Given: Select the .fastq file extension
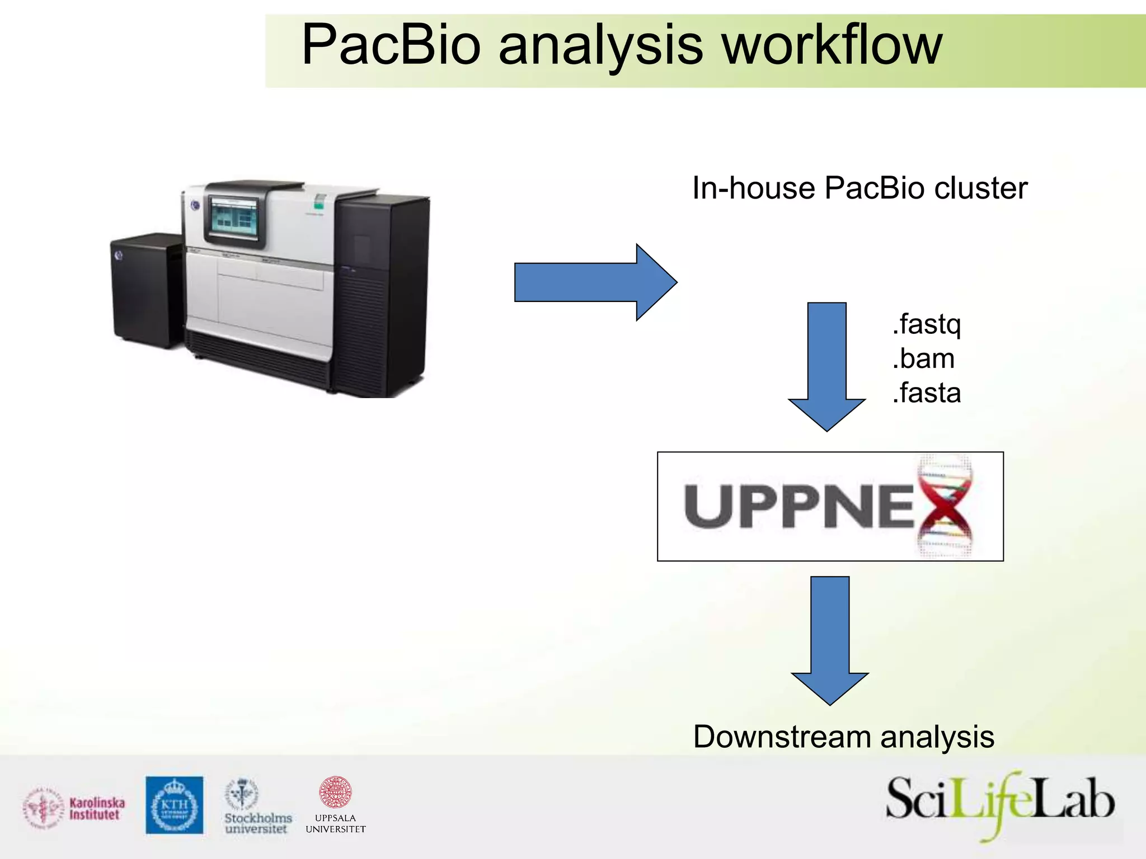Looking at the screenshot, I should click(927, 324).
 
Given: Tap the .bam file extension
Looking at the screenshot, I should click(923, 358).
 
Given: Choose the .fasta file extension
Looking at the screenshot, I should click(927, 393).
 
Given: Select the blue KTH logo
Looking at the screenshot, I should click(175, 805).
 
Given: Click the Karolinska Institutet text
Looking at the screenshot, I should click(97, 809).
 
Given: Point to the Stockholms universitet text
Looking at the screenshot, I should click(258, 823).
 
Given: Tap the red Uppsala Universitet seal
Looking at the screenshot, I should click(335, 792).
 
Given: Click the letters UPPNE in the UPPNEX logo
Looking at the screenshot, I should click(797, 506).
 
